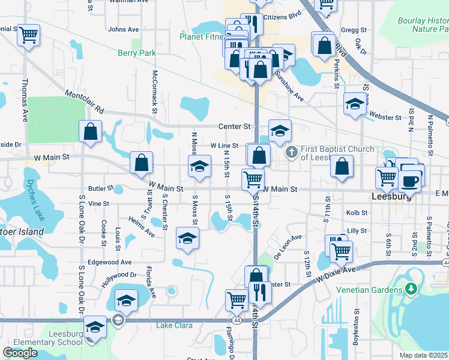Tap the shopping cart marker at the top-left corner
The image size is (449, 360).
coord(28,35)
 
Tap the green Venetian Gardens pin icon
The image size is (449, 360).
coord(411,290)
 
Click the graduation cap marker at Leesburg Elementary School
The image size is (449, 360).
coord(95,327)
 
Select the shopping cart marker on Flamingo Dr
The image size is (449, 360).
coord(237,299)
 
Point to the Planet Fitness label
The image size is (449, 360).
coord(202,36)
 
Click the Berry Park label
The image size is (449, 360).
coord(137,53)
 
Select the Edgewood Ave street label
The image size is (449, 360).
coord(110,262)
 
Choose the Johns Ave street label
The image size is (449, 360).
coord(123,29)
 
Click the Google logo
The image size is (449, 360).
coord(20,353)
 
